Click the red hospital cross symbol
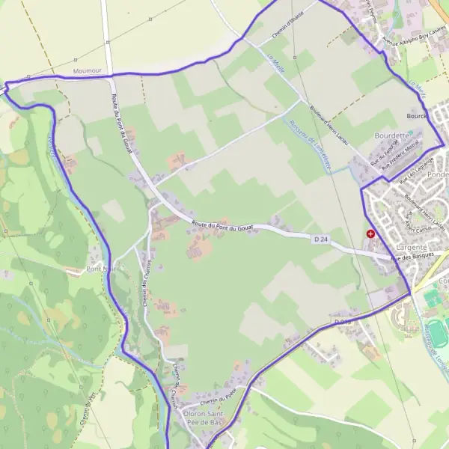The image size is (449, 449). coord(370,234)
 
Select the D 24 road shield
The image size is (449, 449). coord(321,239)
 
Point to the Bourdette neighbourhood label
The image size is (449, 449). coord(391,135)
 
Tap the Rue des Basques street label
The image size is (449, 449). coord(412,257)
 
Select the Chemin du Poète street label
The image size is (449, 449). coord(219,393)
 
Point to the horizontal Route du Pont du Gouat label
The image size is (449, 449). coord(222,224)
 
